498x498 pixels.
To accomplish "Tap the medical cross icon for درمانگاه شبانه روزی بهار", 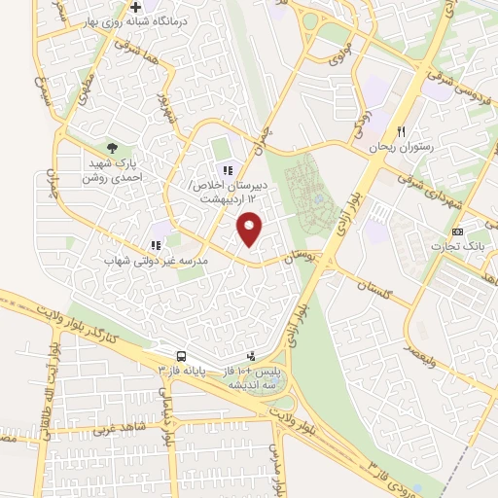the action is tap(150, 9).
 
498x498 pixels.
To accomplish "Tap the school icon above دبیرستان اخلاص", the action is tap(230, 171).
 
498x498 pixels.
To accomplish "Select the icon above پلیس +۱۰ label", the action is tap(252, 356).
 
